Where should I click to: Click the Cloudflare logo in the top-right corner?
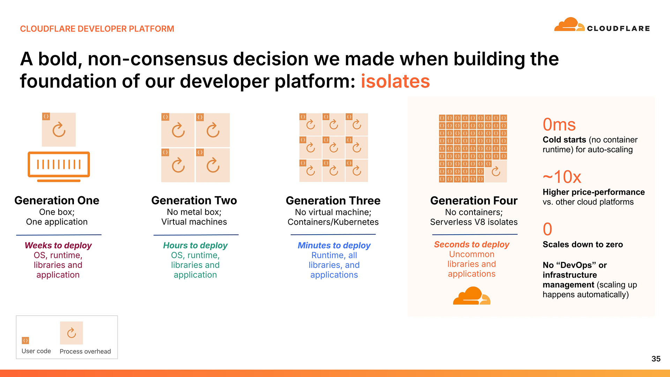[x=602, y=25]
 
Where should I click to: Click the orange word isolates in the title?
[x=395, y=81]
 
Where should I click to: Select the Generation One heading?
[x=57, y=200]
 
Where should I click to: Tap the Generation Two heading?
[x=194, y=200]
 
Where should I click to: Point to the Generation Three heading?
[x=333, y=200]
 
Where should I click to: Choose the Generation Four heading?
[x=474, y=200]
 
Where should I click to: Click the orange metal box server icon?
[x=59, y=167]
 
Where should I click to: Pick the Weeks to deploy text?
[x=58, y=245]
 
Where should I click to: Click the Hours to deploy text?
[x=195, y=245]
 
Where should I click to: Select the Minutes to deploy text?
[x=334, y=245]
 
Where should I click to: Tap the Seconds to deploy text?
[x=471, y=244]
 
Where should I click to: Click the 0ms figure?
[x=559, y=125]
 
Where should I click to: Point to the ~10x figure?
[x=562, y=177]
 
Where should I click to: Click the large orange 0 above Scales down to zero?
[x=548, y=229]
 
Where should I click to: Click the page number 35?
[x=656, y=359]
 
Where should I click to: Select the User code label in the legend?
[x=36, y=351]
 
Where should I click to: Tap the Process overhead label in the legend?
[x=85, y=352]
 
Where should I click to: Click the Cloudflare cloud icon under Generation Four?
[x=472, y=296]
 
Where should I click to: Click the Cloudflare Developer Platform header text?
[x=97, y=29]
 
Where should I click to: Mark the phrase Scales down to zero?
[x=583, y=244]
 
